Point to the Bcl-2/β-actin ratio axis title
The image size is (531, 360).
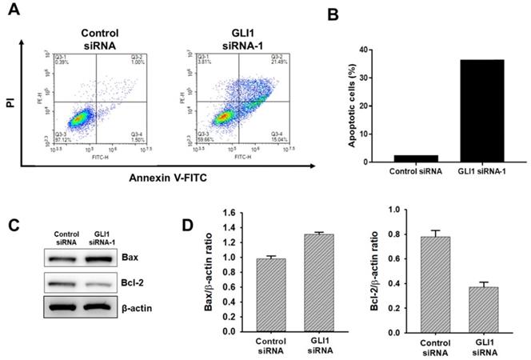(389, 272)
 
